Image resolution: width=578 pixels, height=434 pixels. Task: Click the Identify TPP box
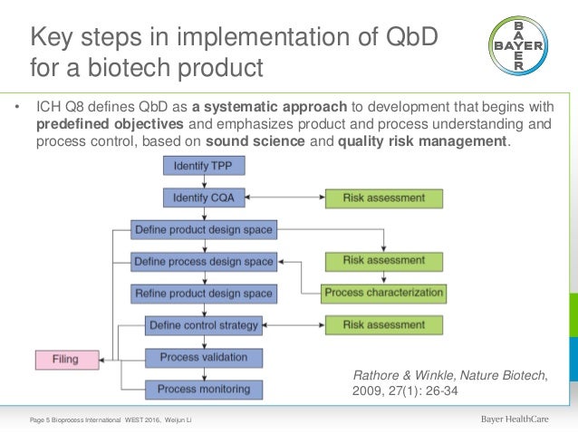203,167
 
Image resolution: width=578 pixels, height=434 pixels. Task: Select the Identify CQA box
203,197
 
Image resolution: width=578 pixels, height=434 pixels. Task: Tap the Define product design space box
203,230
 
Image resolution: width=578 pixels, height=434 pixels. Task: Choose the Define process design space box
203,262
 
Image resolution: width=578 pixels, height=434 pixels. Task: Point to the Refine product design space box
203,294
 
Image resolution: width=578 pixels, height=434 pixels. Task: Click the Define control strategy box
204,325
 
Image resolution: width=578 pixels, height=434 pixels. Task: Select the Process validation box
204,357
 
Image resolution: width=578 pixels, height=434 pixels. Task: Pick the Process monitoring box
204,389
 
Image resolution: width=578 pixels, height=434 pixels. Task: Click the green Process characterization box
384,293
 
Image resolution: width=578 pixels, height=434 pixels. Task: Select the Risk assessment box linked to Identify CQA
383,197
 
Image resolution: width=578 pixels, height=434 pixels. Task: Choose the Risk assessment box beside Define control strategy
383,324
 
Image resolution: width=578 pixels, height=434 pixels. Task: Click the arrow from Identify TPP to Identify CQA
203,181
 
